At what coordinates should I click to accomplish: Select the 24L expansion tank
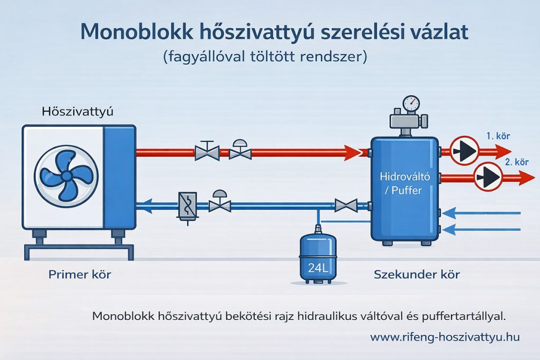(317, 258)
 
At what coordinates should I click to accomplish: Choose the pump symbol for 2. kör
(487, 177)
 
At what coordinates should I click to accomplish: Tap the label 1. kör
(498, 137)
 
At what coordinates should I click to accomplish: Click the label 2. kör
(516, 162)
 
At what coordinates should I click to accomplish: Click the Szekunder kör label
(417, 274)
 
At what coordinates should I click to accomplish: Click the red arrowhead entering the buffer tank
(353, 152)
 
